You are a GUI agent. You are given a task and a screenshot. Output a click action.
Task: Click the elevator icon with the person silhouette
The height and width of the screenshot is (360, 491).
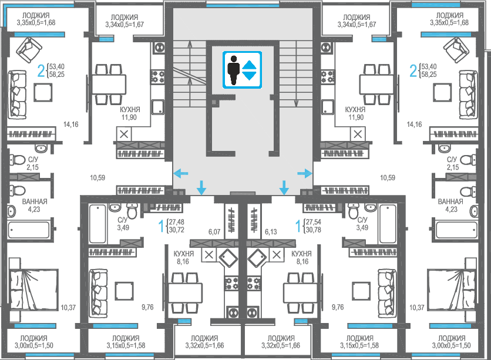pyautogui.click(x=242, y=70)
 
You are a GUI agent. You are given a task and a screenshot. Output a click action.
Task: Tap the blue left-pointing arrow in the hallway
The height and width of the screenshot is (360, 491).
pyautogui.click(x=181, y=173)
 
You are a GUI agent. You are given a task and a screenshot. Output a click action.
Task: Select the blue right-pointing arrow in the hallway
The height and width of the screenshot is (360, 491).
pyautogui.click(x=305, y=173)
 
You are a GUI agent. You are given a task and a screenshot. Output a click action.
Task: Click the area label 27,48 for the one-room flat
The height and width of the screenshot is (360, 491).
pyautogui.click(x=177, y=222)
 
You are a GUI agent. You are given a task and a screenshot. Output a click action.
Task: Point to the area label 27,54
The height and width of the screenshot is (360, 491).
pyautogui.click(x=314, y=222)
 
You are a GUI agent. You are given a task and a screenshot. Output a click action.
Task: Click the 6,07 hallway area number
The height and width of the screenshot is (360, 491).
pyautogui.click(x=214, y=232)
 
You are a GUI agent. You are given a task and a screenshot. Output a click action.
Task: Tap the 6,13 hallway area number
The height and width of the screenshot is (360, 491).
pyautogui.click(x=271, y=232)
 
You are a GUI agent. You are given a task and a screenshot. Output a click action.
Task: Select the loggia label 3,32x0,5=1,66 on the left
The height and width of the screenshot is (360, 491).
pyautogui.click(x=204, y=345)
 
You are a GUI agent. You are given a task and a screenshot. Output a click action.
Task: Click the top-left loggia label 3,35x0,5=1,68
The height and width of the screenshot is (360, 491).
pyautogui.click(x=36, y=22)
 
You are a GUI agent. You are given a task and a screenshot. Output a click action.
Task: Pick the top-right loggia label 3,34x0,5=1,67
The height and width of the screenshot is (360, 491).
pyautogui.click(x=357, y=25)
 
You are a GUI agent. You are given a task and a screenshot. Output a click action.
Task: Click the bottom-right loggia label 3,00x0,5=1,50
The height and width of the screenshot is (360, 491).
pyautogui.click(x=451, y=345)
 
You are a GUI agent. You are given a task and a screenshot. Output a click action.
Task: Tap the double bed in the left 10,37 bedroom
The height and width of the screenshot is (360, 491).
pyautogui.click(x=33, y=290)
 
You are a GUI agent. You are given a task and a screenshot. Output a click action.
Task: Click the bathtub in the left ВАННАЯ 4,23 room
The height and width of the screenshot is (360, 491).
pyautogui.click(x=29, y=230)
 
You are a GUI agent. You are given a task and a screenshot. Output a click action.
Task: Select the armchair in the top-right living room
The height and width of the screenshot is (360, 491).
pyautogui.click(x=456, y=50)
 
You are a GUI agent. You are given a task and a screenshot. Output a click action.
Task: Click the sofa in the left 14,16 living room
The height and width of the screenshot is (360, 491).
pyautogui.click(x=17, y=95)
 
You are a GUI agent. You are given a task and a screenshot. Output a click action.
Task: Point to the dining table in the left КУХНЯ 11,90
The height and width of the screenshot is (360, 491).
pyautogui.click(x=109, y=84)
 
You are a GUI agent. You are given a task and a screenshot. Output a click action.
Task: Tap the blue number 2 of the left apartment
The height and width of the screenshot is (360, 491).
pyautogui.click(x=41, y=70)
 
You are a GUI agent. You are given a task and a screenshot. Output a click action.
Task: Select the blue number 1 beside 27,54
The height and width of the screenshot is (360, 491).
pyautogui.click(x=298, y=226)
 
